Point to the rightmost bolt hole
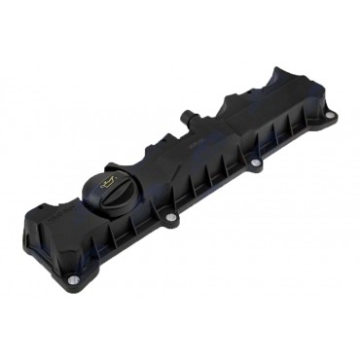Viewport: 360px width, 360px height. click(x=329, y=115)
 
